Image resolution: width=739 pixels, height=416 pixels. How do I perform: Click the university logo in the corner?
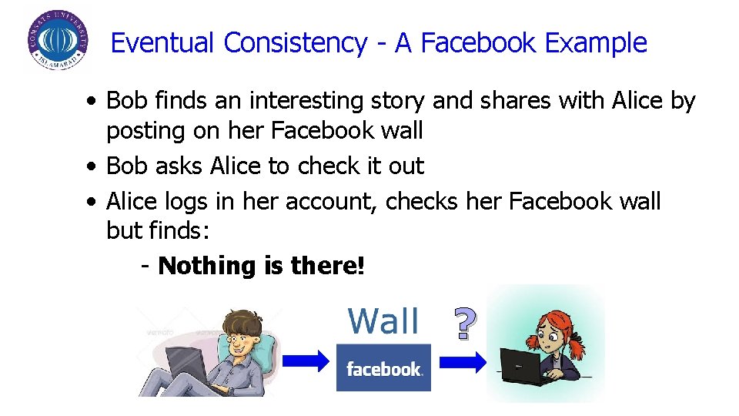tap(55, 41)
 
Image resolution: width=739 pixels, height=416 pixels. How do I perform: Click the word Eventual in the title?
tap(162, 43)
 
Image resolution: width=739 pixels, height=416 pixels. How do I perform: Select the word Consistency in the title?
tap(295, 43)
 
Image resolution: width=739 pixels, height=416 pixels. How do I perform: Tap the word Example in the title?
tap(596, 43)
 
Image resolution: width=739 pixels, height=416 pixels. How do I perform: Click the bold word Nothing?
tap(207, 267)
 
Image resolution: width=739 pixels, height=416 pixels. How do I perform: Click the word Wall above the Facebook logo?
tap(383, 321)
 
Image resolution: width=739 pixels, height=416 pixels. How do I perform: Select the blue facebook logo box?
tap(383, 368)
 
